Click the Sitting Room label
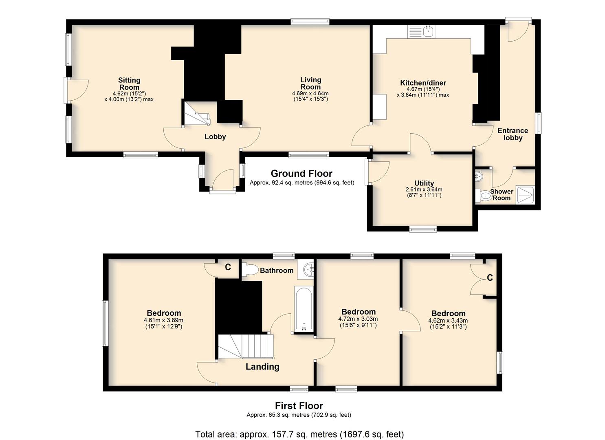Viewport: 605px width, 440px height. click(x=129, y=84)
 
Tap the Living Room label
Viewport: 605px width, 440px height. click(x=310, y=84)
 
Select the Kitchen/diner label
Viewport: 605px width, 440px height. click(x=423, y=83)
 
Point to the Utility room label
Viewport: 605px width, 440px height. click(x=424, y=183)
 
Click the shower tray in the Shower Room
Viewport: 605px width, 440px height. click(x=525, y=195)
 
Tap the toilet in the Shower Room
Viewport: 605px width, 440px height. click(x=484, y=196)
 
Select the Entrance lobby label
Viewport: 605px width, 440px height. click(x=513, y=134)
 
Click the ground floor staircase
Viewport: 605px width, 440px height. click(x=197, y=113)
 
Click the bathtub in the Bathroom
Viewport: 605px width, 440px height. click(x=304, y=309)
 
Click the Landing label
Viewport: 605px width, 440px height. click(x=262, y=367)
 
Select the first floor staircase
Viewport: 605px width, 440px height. click(x=246, y=347)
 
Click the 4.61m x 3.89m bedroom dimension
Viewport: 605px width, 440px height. click(x=164, y=323)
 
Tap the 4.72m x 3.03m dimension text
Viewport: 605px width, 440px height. click(x=358, y=322)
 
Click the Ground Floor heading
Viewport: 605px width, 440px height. click(x=301, y=174)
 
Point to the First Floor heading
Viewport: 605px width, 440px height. click(x=299, y=406)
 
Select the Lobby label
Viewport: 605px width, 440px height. click(x=215, y=136)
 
